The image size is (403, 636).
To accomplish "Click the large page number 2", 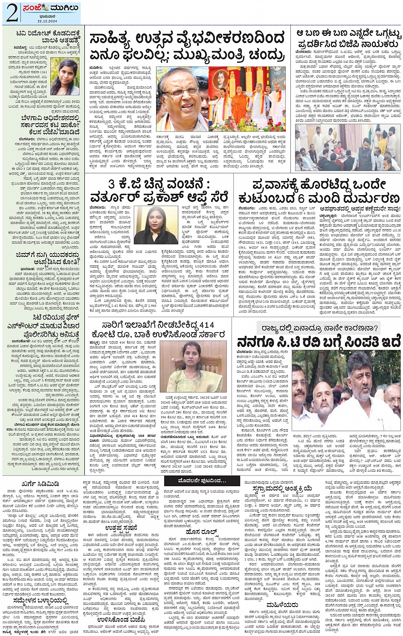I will pyautogui.click(x=12, y=13).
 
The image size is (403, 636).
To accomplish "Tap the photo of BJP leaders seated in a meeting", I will pyautogui.click(x=348, y=147).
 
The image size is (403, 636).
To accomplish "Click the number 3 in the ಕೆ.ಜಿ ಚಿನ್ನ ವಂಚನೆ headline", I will pyautogui.click(x=111, y=185).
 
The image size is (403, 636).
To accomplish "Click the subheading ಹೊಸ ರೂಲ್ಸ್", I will pyautogui.click(x=202, y=532).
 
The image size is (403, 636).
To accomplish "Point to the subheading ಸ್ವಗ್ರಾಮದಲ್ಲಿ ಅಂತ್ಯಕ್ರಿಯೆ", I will pyautogui.click(x=281, y=488).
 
